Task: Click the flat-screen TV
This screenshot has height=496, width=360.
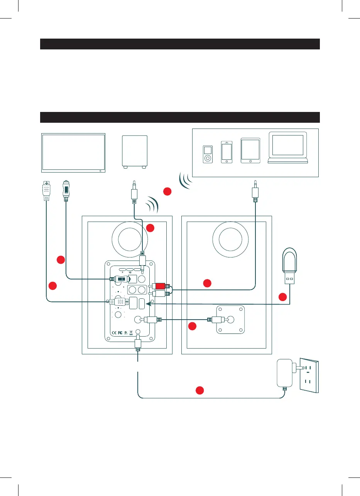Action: pyautogui.click(x=73, y=153)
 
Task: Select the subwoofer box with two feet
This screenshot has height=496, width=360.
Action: pyautogui.click(x=134, y=151)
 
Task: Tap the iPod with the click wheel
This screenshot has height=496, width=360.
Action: pyautogui.click(x=208, y=154)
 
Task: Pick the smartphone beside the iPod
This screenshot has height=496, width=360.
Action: pyautogui.click(x=226, y=152)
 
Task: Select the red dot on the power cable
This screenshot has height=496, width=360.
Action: pyautogui.click(x=199, y=390)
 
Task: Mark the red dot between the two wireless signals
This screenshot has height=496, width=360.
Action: pyautogui.click(x=166, y=191)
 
